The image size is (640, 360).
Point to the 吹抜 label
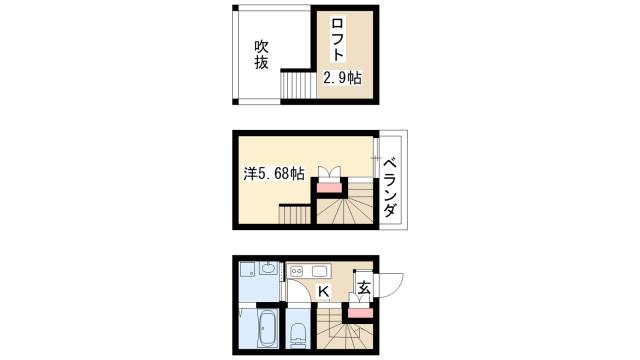click(x=262, y=53)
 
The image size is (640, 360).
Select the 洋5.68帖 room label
click(x=273, y=173)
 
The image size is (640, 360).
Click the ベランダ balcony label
click(x=392, y=190)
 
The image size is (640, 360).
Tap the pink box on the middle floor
click(x=328, y=185)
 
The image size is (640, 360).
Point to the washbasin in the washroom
click(x=267, y=268)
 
